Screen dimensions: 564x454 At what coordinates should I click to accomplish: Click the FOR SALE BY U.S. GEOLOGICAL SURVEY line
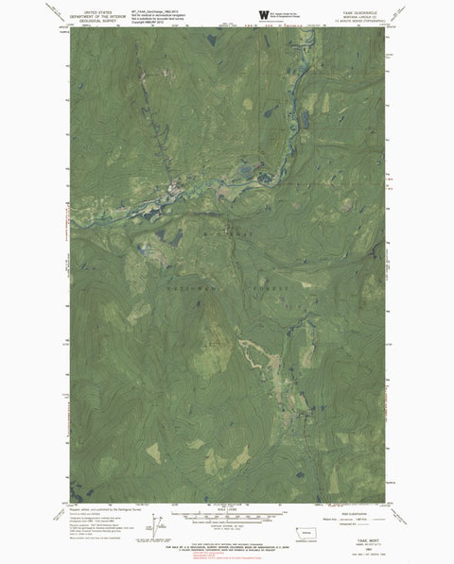(227, 547)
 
